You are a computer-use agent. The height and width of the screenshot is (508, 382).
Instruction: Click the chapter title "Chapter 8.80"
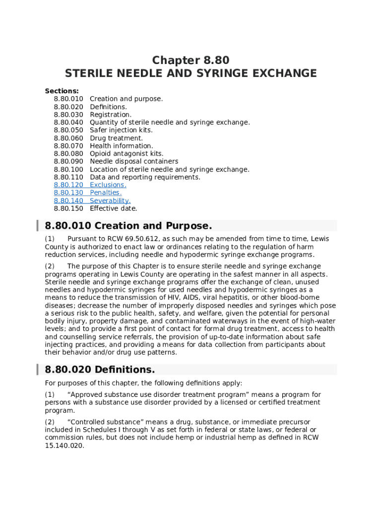(x=191, y=61)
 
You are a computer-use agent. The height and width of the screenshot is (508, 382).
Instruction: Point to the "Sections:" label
(x=62, y=91)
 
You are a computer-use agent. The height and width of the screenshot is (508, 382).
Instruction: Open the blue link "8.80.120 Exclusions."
(x=90, y=185)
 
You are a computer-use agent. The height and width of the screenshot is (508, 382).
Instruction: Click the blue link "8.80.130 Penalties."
(x=87, y=192)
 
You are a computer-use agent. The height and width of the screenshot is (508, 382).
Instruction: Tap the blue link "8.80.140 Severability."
(x=92, y=200)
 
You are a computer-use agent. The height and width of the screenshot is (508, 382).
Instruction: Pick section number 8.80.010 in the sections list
(x=68, y=99)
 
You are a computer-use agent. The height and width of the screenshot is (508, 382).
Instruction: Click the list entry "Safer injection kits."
(x=121, y=130)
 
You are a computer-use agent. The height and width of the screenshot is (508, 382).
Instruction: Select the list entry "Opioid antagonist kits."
(x=127, y=154)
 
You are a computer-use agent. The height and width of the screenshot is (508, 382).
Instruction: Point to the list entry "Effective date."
(x=113, y=208)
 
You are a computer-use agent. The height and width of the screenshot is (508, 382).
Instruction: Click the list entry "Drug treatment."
(x=116, y=138)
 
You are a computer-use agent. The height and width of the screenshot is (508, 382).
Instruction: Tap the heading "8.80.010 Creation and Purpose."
(x=128, y=226)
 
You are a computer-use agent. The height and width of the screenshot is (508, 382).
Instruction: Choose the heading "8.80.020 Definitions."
(x=100, y=370)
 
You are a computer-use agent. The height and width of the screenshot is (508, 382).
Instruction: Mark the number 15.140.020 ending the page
(x=64, y=445)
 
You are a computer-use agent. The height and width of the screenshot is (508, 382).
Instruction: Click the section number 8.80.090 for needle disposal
(x=68, y=161)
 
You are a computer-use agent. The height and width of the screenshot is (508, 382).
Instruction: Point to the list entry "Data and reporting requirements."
(x=145, y=177)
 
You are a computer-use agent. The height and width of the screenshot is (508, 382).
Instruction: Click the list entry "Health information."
(x=121, y=146)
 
